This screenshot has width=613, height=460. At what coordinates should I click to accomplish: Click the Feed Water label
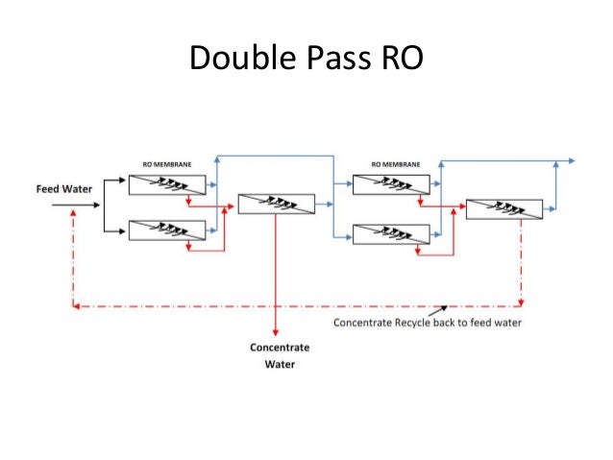64,188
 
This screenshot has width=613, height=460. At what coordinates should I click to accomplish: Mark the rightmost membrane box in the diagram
503,208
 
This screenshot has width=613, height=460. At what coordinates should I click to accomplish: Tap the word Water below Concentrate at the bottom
280,365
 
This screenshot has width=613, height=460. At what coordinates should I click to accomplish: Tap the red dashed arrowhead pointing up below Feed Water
72,213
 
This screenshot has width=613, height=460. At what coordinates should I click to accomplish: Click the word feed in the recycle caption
478,323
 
